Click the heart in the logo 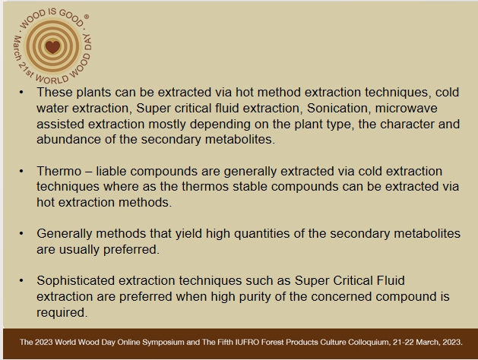tap(52, 47)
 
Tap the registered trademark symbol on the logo tap(87, 17)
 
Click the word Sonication tap(339, 108)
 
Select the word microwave tap(406, 108)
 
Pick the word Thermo tap(59, 171)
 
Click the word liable tap(111, 171)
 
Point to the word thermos tap(205, 186)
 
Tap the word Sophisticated tap(75, 280)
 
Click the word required tap(62, 312)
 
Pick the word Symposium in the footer tap(163, 342)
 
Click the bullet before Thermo tap(21, 172)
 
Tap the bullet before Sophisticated tap(21, 280)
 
